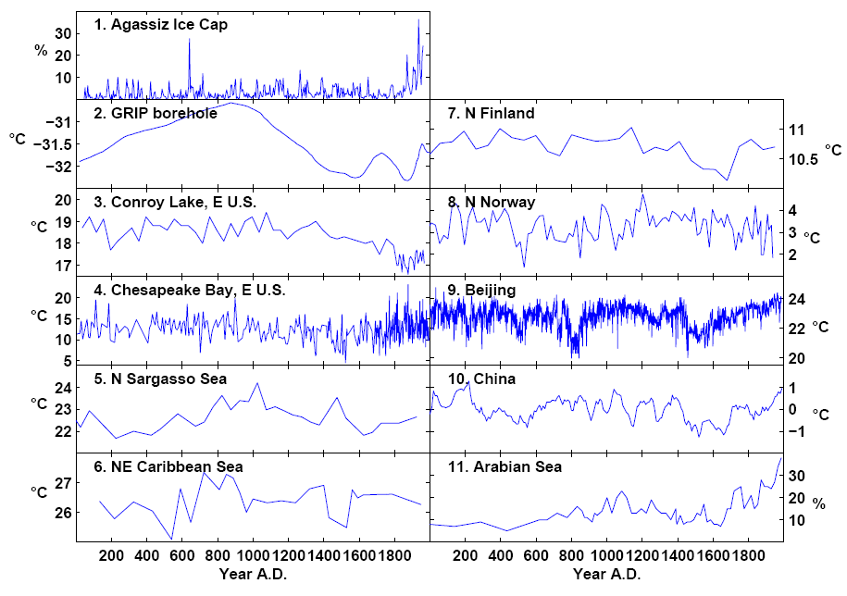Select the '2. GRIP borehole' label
[155, 114]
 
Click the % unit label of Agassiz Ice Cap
[40, 50]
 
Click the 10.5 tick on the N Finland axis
[806, 159]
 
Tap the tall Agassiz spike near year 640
[189, 39]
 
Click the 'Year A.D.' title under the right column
[606, 575]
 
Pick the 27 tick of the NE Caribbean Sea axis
[62, 484]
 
